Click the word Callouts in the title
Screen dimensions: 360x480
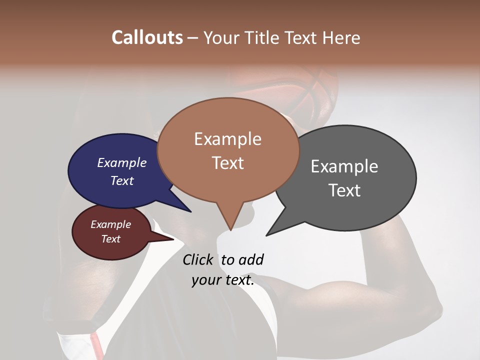click(147, 37)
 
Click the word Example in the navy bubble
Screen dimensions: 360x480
click(122, 162)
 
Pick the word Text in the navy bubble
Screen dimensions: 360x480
click(122, 180)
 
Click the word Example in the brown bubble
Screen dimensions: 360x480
click(227, 139)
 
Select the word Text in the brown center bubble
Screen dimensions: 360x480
click(227, 162)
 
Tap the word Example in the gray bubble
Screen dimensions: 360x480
click(344, 166)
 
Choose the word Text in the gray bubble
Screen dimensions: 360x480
click(344, 190)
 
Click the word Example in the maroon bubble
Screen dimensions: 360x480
click(110, 224)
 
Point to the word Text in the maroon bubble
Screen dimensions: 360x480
click(110, 239)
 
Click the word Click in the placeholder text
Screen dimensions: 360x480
click(197, 259)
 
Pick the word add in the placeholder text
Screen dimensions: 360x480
click(251, 259)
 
